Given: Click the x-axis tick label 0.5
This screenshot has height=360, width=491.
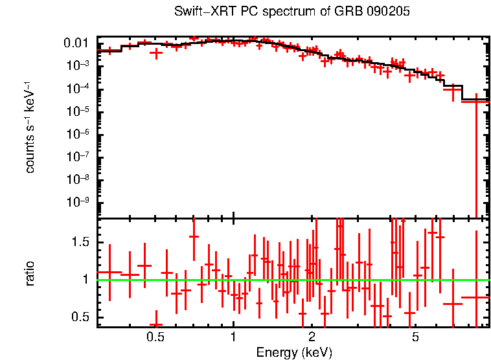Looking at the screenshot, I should [x=155, y=337].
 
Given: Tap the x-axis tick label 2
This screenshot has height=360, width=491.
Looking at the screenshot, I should [x=312, y=337].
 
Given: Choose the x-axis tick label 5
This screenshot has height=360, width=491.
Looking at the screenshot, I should [x=415, y=337].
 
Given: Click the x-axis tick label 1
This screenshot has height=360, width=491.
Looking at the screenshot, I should [x=233, y=337].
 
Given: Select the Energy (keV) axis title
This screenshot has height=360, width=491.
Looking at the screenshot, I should [x=294, y=352].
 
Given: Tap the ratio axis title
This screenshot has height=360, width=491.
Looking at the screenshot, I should [x=30, y=273].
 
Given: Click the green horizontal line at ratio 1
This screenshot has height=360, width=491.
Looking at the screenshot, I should [x=363, y=280].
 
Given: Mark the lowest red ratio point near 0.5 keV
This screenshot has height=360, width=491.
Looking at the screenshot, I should [x=156, y=325].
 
